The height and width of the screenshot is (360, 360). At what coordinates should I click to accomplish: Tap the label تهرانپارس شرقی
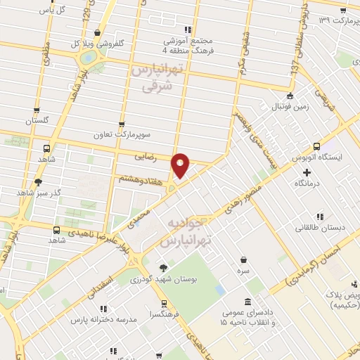152,78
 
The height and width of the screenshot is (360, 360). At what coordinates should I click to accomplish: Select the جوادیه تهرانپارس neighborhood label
186,233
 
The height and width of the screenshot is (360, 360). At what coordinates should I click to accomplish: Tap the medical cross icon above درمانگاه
306,172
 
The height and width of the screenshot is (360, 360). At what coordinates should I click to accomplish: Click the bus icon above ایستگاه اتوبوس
316,147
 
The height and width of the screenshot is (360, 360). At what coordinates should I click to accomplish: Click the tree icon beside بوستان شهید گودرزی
163,268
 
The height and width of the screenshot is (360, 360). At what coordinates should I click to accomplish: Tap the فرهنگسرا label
163,315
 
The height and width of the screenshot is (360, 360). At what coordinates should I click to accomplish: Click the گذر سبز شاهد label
39,192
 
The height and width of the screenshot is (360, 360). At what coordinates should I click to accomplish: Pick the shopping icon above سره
243,259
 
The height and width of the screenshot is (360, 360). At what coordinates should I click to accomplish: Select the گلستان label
40,122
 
